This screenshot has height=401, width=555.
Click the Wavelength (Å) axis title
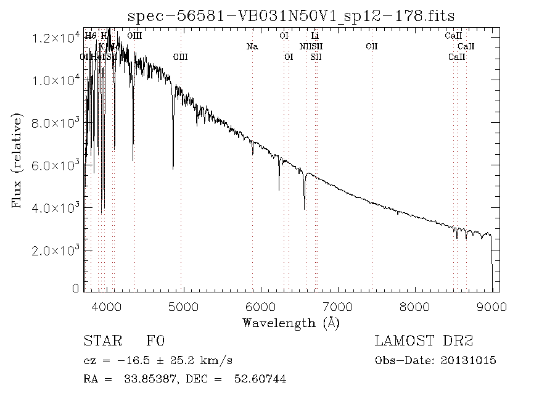(x=291, y=323)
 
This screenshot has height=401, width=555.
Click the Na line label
(x=252, y=46)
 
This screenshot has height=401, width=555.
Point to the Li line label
(x=314, y=36)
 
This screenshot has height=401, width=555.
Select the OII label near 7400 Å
(x=371, y=46)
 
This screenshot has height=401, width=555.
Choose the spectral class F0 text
(x=155, y=341)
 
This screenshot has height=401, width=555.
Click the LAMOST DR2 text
(x=424, y=341)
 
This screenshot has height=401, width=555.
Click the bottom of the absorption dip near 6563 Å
(x=305, y=209)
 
